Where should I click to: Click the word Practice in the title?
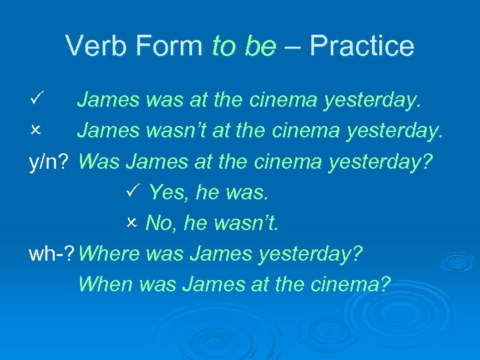[362, 46]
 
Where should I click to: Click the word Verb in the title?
[97, 46]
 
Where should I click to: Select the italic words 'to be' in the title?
[243, 46]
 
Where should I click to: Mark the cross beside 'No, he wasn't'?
[131, 223]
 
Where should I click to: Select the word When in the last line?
[105, 285]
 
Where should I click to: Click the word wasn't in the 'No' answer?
[244, 223]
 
